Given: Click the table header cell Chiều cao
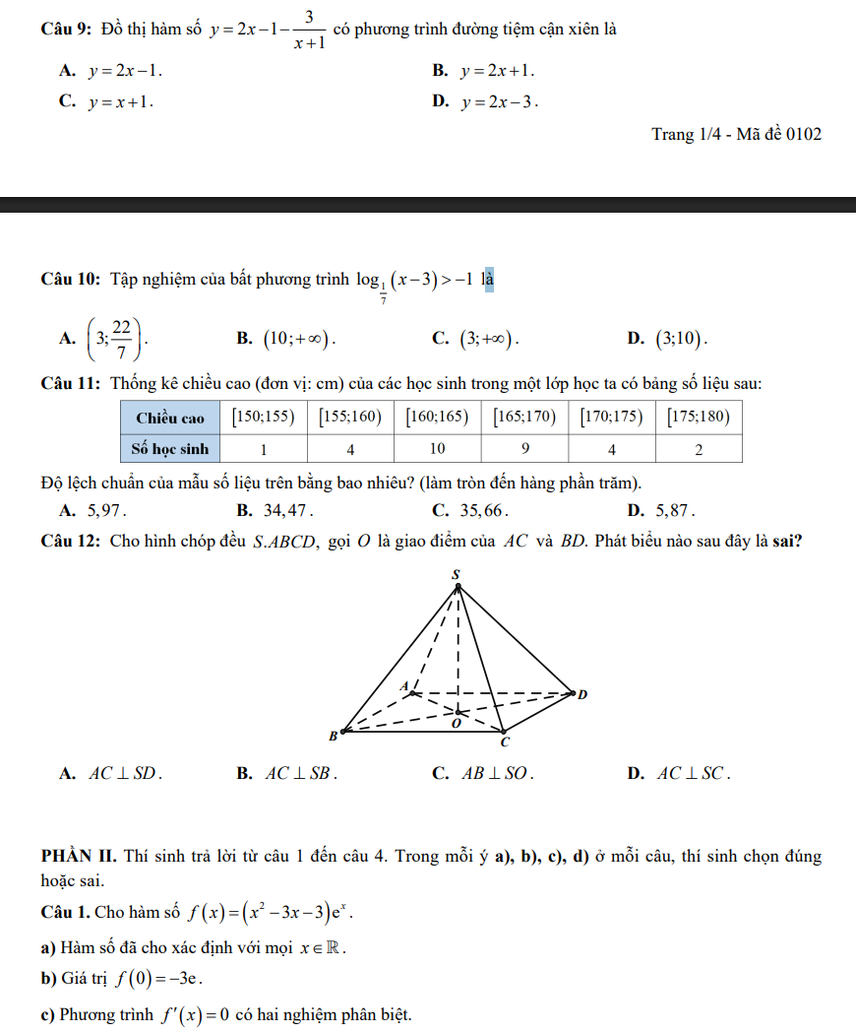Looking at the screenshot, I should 169,418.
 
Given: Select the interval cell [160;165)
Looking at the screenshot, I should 437,417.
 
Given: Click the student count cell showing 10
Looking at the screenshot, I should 437,449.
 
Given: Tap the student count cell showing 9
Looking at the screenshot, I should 524,449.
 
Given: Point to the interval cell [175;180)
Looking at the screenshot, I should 698,417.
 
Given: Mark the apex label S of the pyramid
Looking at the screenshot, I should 456,573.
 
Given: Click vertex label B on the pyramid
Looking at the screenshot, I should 333,736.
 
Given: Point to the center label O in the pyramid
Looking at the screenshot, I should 455,724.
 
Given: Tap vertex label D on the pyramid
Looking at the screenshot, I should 581,695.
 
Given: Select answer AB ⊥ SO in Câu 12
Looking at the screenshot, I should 498,774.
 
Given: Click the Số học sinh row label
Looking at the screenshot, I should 170,449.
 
